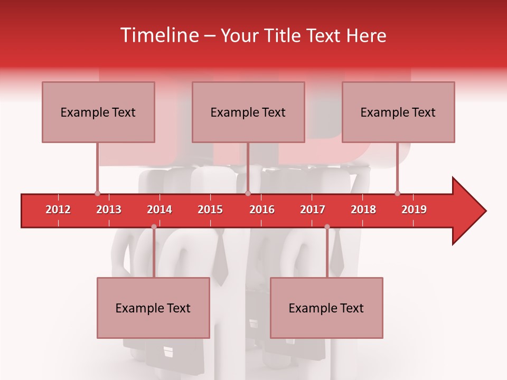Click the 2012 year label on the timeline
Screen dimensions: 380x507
coord(58,210)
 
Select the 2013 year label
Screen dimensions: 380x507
coord(109,210)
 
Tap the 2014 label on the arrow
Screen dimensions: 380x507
coord(159,210)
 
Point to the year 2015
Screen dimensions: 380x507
coord(210,210)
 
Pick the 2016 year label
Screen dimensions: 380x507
coord(262,210)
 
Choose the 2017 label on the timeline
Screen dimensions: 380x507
coord(313,210)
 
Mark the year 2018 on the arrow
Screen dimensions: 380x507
coord(363,210)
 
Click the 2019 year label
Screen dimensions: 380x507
coord(414,210)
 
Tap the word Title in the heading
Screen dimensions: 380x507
coord(283,35)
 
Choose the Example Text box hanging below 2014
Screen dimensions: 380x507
coord(153,308)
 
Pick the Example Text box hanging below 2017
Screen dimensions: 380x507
coord(326,308)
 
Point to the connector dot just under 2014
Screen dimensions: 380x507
coord(154,227)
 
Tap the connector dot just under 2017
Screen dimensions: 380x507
coord(327,227)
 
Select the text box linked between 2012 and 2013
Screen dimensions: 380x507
coord(98,112)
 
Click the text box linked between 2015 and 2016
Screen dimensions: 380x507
coord(248,112)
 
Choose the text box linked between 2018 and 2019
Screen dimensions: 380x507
coord(398,112)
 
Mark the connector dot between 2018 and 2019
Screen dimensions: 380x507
coord(397,193)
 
